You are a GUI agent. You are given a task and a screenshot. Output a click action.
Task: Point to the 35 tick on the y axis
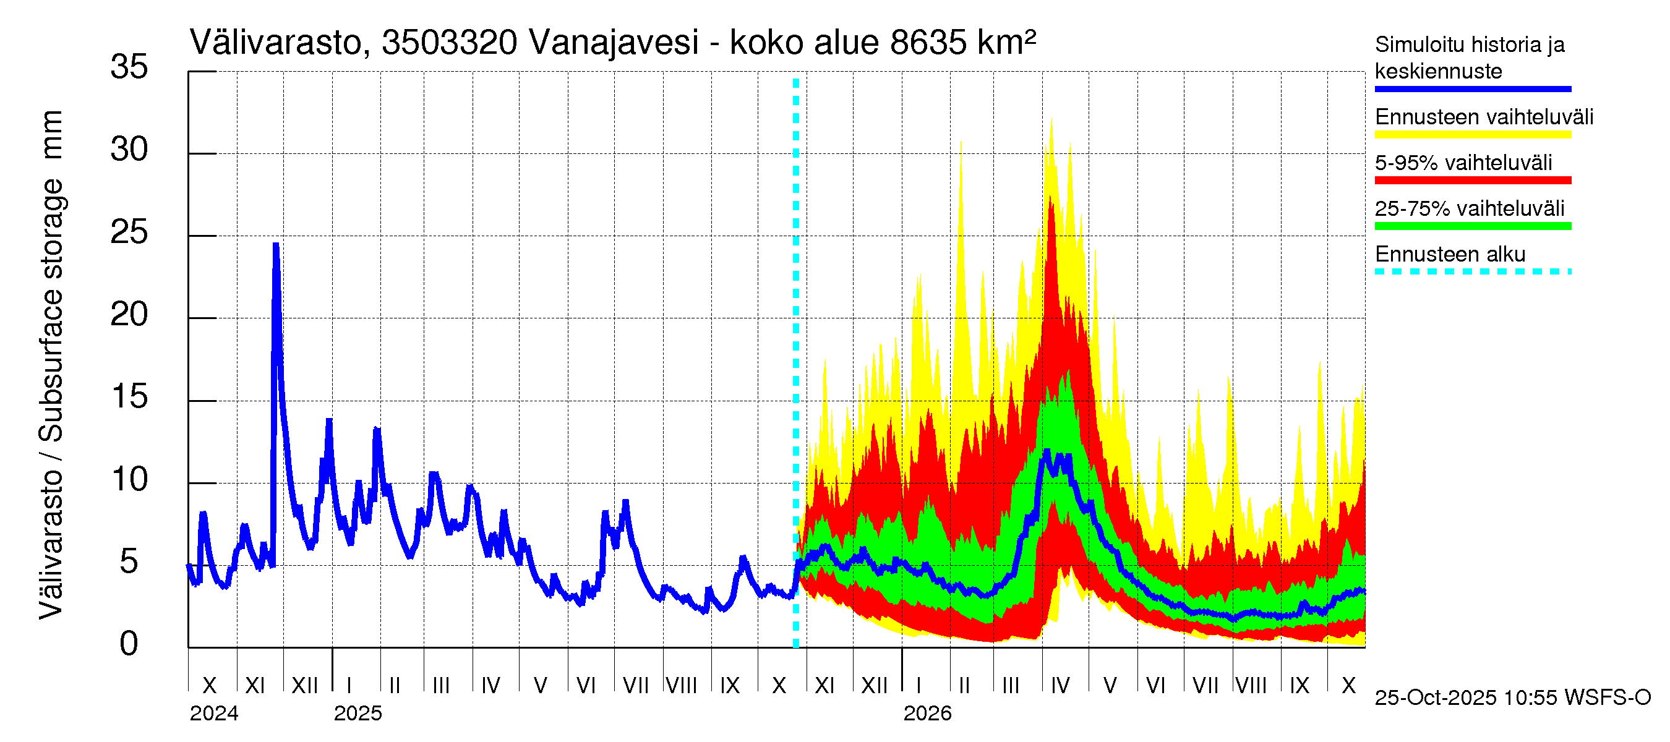pyautogui.click(x=129, y=67)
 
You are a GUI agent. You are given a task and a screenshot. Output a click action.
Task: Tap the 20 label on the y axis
pyautogui.click(x=129, y=315)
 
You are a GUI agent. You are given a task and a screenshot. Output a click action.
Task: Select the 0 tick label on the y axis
pyautogui.click(x=129, y=644)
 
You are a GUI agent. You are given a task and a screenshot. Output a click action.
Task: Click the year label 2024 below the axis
pyautogui.click(x=214, y=714)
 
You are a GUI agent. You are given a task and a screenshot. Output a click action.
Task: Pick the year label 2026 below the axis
pyautogui.click(x=927, y=714)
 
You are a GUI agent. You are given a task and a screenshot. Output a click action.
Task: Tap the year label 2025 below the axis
pyautogui.click(x=358, y=714)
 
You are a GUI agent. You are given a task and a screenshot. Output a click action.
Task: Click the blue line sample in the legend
pyautogui.click(x=1472, y=89)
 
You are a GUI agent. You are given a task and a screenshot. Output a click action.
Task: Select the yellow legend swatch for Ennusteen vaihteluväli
pyautogui.click(x=1472, y=135)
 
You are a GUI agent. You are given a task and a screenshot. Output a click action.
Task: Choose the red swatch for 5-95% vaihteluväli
pyautogui.click(x=1472, y=181)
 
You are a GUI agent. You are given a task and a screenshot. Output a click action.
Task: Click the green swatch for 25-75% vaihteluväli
pyautogui.click(x=1472, y=226)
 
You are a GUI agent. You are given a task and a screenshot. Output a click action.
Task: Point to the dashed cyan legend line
pyautogui.click(x=1472, y=271)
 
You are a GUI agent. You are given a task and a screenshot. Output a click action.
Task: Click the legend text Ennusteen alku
pyautogui.click(x=1450, y=255)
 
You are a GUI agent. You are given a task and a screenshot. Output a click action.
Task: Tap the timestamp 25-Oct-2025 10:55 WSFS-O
pyautogui.click(x=1512, y=698)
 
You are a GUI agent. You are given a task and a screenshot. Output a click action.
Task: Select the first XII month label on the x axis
pyautogui.click(x=305, y=686)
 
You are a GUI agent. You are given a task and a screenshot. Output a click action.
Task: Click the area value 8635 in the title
pyautogui.click(x=929, y=43)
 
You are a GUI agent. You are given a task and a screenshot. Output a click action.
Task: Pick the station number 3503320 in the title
pyautogui.click(x=449, y=43)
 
